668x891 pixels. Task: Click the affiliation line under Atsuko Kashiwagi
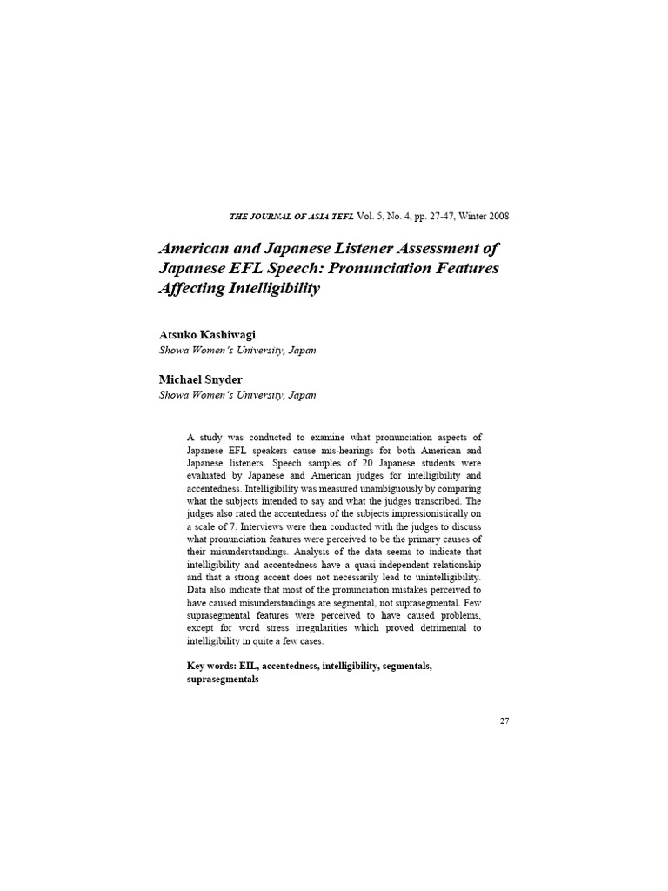tap(237, 350)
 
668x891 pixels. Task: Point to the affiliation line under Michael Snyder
tap(237, 394)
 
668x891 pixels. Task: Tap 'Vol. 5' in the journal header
tap(346, 216)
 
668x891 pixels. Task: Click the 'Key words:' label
tap(212, 666)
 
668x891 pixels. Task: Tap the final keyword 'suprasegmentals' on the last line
tap(223, 679)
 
